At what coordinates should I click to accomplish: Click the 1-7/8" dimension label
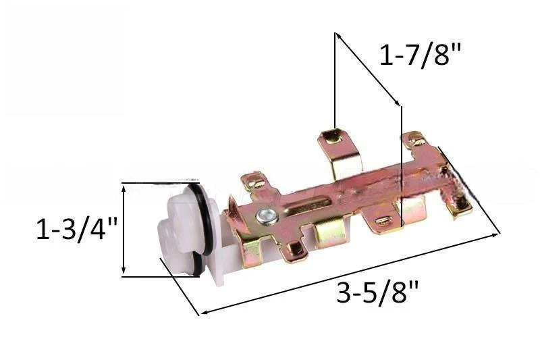[419, 55]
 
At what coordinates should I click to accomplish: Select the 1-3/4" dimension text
[76, 229]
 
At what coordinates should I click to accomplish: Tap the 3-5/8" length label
[377, 293]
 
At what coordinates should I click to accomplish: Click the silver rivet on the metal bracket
[266, 217]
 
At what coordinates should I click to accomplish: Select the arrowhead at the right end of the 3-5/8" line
[496, 234]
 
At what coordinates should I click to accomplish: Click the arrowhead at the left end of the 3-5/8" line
[203, 312]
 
